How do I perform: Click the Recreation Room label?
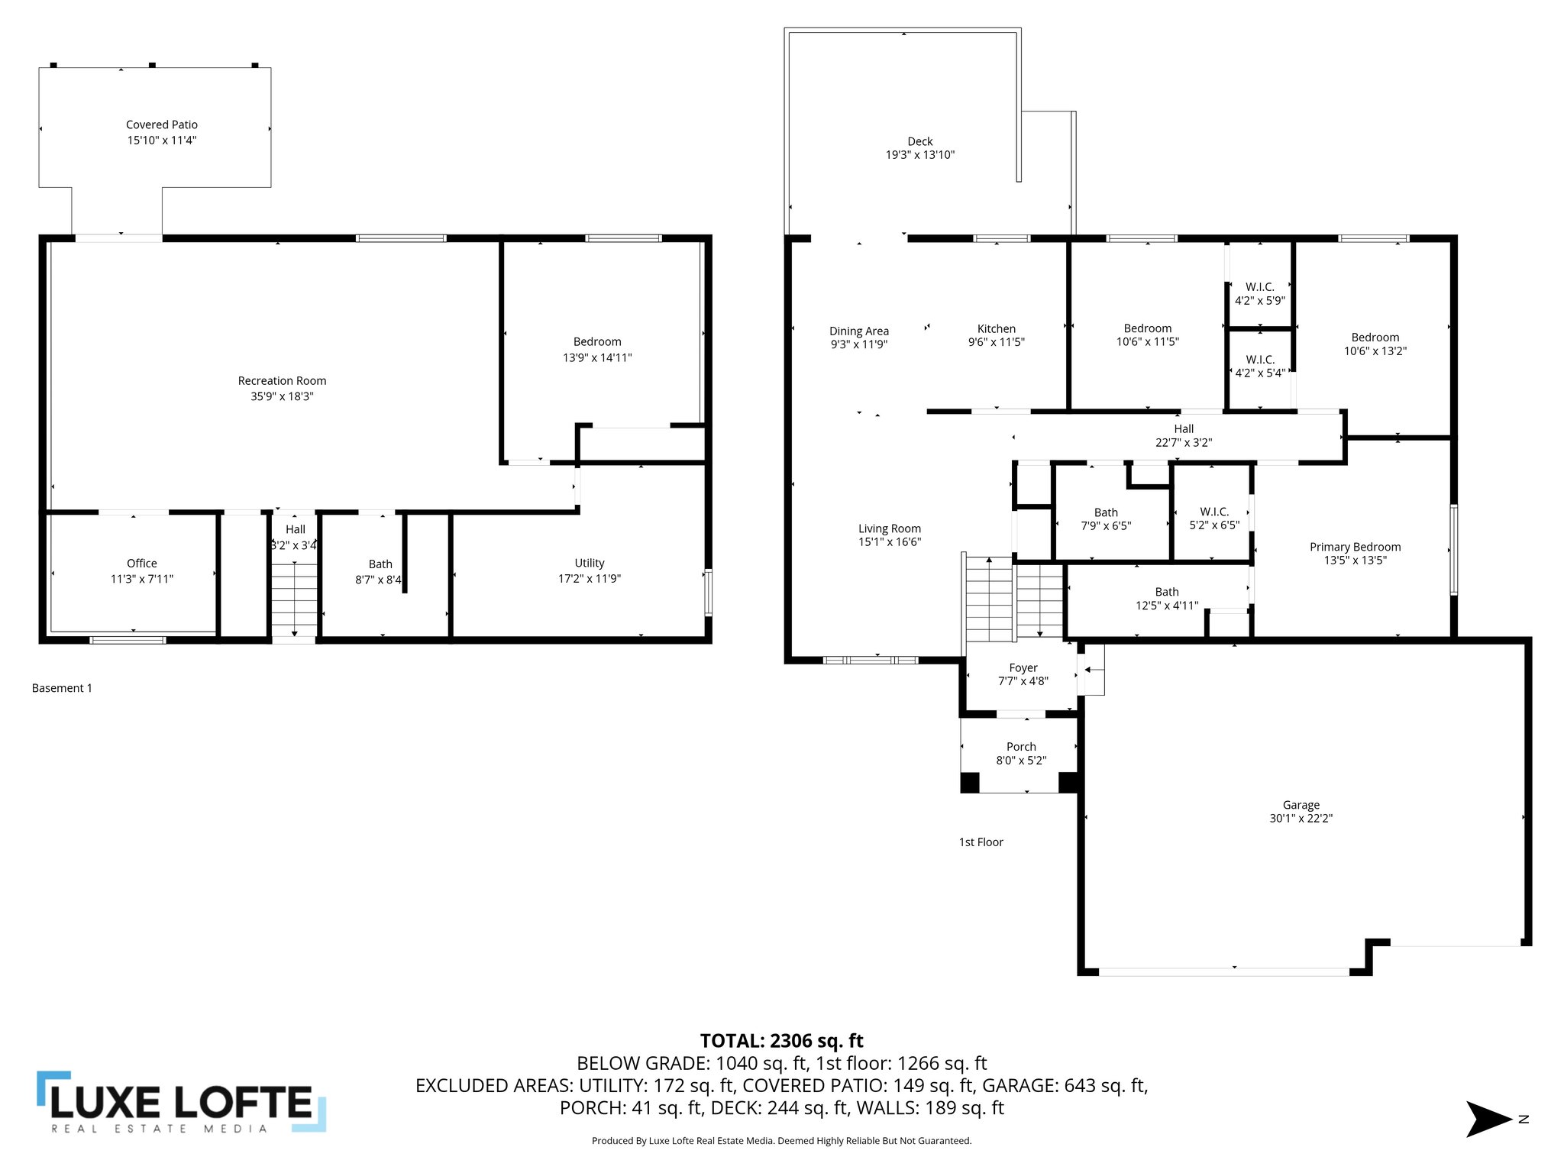282,380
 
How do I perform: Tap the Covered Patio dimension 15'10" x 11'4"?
162,141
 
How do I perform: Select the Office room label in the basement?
142,564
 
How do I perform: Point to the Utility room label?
590,564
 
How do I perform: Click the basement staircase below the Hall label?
295,600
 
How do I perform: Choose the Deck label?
920,141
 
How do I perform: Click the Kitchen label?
997,329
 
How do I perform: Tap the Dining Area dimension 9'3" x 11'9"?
859,344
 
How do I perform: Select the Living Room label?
890,528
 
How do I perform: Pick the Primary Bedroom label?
1356,547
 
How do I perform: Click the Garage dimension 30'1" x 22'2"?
1301,818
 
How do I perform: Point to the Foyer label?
1023,667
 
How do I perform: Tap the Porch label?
1021,747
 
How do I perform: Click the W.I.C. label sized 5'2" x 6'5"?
1214,512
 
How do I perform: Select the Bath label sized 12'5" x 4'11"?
1167,592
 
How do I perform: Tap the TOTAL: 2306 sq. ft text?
781,1041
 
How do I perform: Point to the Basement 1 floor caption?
62,688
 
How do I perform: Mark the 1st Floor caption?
981,842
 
